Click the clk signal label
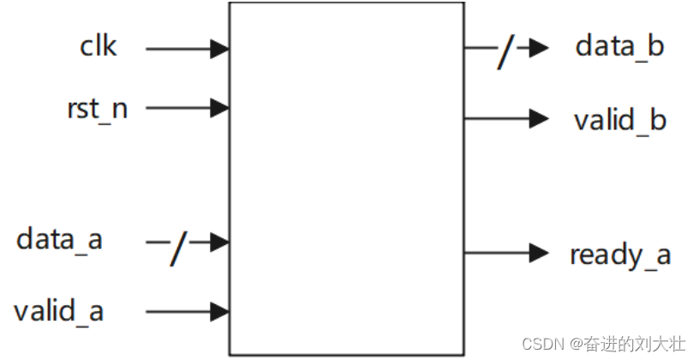click(x=99, y=46)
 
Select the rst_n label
click(x=97, y=109)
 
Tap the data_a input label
click(x=59, y=239)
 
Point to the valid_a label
click(x=58, y=310)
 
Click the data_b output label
click(x=619, y=46)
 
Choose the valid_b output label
click(x=619, y=119)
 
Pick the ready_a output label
click(x=620, y=255)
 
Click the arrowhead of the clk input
click(x=220, y=49)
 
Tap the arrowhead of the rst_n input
click(x=220, y=108)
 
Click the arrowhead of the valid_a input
click(x=220, y=310)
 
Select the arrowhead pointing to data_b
click(x=538, y=48)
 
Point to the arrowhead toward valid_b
click(x=538, y=118)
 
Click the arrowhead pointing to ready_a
click(x=538, y=253)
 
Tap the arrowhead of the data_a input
click(x=220, y=243)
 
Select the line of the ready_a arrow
click(x=497, y=253)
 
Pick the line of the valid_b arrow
click(x=497, y=118)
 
